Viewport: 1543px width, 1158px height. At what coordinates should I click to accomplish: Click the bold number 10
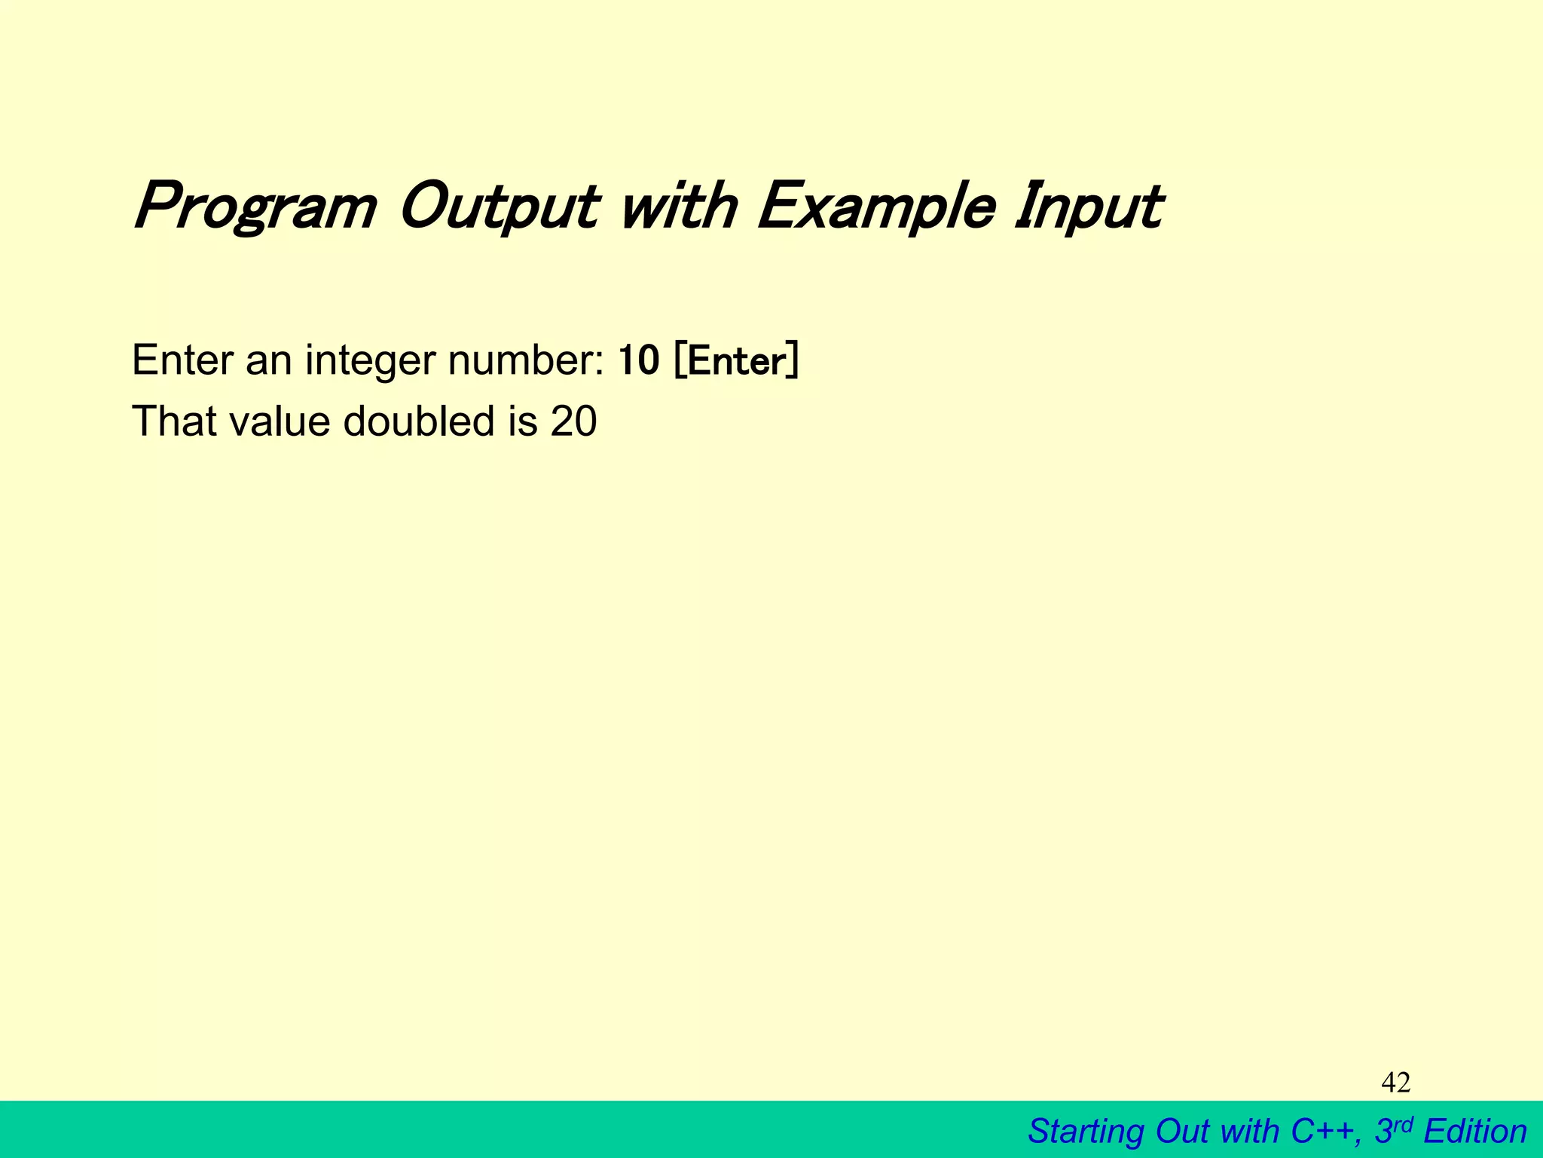tap(638, 361)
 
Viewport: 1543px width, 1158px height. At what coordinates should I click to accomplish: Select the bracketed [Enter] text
tap(736, 361)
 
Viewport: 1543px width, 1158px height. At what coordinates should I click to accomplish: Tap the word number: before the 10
tap(526, 361)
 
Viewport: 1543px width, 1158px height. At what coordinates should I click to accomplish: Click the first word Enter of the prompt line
tap(183, 361)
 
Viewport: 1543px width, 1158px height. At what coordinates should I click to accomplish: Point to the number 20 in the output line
tap(573, 421)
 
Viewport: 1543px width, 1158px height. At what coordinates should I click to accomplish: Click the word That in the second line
tap(174, 421)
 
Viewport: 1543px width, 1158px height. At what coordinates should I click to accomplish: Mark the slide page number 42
tap(1395, 1083)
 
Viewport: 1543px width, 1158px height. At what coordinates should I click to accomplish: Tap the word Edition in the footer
tap(1475, 1132)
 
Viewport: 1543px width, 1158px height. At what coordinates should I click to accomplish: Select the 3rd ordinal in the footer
tap(1393, 1130)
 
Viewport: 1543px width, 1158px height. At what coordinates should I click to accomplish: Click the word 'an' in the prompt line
tap(268, 361)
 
